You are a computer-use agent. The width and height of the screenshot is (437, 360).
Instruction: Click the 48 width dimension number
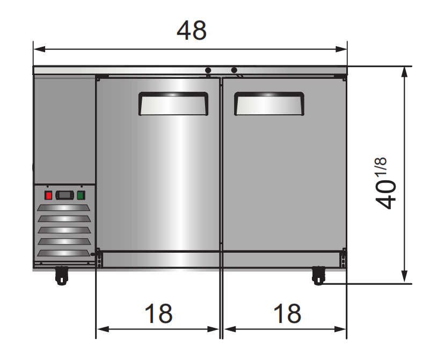click(191, 31)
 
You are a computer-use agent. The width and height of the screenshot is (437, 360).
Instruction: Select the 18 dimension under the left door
click(158, 313)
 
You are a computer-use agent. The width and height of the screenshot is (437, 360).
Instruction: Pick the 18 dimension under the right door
click(287, 313)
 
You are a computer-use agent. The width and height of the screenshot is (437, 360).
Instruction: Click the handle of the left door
click(173, 104)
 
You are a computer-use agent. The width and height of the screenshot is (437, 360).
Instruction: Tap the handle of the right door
click(269, 104)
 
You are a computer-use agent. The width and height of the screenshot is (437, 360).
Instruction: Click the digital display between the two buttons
click(64, 195)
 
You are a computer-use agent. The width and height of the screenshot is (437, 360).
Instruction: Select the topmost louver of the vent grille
click(64, 208)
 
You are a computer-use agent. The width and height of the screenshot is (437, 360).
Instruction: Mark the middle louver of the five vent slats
click(64, 231)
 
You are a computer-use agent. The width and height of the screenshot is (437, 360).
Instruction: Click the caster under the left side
click(61, 275)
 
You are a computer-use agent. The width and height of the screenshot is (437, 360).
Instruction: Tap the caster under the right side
click(319, 275)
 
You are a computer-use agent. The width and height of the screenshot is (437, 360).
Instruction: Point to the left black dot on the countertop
click(208, 70)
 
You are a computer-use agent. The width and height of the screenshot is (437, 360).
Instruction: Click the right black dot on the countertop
click(234, 70)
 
